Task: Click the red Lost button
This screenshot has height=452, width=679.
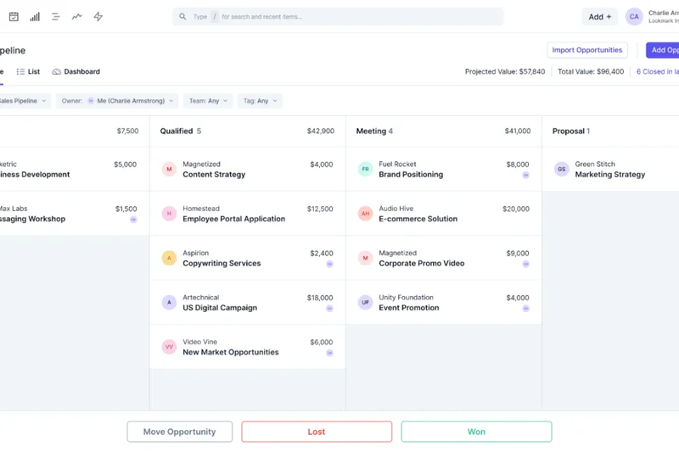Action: tap(317, 432)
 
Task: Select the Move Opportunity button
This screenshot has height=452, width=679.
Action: tap(179, 432)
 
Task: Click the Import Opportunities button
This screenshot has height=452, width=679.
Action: tap(587, 50)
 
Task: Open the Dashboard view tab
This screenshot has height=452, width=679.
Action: tap(76, 72)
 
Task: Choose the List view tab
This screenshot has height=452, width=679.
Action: tap(29, 72)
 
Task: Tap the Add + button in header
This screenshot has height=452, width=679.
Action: tap(599, 17)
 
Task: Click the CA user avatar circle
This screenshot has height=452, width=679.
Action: tap(634, 17)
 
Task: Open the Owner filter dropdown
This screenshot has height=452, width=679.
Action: tap(117, 101)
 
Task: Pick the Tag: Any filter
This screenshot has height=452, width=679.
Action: tap(260, 101)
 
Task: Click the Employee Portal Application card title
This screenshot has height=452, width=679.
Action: tap(233, 219)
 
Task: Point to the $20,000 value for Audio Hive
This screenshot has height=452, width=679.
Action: tap(515, 209)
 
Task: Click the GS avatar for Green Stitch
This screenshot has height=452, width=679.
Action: tap(561, 170)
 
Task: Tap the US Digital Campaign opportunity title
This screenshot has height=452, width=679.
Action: tap(220, 308)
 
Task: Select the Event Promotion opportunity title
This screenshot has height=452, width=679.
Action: tap(409, 308)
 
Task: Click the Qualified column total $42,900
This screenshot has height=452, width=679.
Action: tap(321, 131)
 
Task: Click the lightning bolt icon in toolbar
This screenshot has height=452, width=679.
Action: tap(98, 17)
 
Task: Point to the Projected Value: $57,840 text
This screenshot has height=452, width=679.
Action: tap(505, 72)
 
